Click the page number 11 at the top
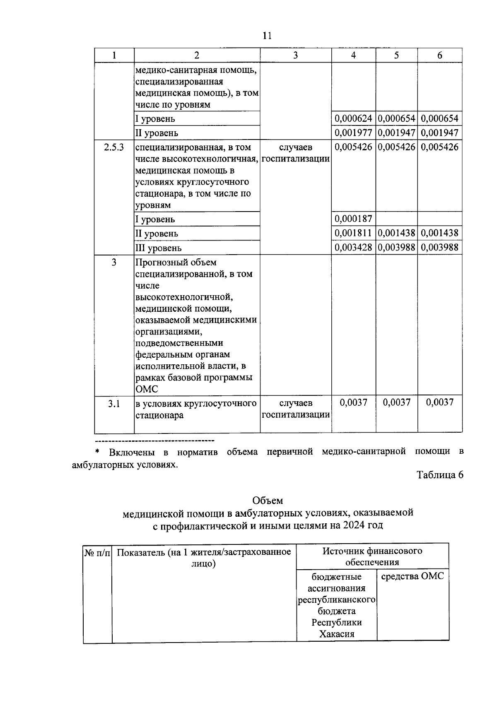[x=267, y=36]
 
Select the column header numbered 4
[x=353, y=55]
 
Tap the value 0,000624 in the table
[x=353, y=119]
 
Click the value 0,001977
[x=353, y=133]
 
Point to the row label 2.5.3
[x=114, y=147]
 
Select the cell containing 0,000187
[x=353, y=219]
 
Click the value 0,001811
[x=353, y=233]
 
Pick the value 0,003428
[x=353, y=248]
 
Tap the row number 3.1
[x=114, y=404]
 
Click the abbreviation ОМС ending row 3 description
[x=147, y=389]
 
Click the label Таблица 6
[x=440, y=475]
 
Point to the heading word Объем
[x=268, y=501]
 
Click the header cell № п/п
[x=97, y=553]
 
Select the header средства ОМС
[x=412, y=576]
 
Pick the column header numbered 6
[x=439, y=55]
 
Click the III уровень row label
[x=158, y=248]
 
